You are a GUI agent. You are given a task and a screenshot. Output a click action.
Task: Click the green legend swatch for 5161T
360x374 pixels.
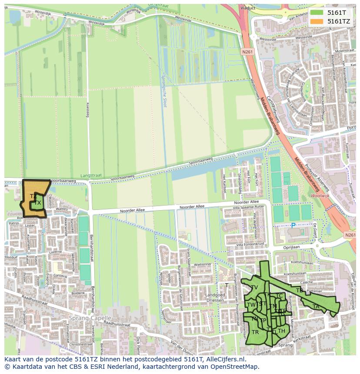(x=317, y=13)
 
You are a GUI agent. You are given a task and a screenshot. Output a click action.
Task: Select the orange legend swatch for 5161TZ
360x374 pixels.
(x=317, y=21)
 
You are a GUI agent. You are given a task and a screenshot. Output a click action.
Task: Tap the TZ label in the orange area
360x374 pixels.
(x=33, y=196)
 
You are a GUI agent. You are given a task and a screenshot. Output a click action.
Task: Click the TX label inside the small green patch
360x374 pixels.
(x=38, y=203)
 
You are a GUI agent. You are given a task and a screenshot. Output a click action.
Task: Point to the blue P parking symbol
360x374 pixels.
(x=293, y=226)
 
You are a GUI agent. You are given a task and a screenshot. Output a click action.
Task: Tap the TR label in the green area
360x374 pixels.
(x=255, y=332)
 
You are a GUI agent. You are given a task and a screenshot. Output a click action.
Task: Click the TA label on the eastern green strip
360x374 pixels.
(x=316, y=307)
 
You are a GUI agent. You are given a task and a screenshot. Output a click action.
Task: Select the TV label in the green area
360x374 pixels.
(x=255, y=288)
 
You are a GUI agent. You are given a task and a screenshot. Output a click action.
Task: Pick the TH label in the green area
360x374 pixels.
(x=281, y=331)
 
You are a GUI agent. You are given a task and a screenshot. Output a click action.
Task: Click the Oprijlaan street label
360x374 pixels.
(x=291, y=247)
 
